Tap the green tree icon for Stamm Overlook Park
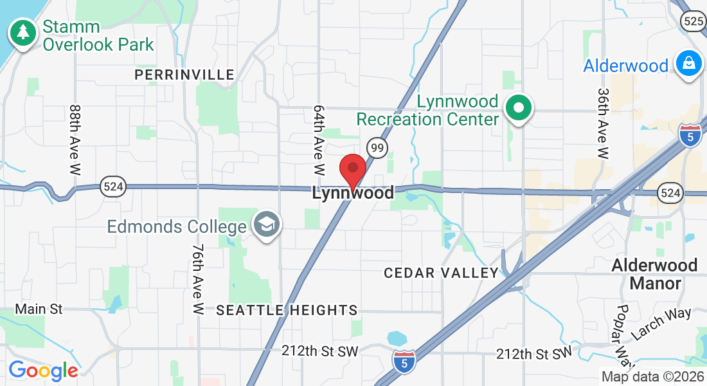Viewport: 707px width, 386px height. (x=23, y=32)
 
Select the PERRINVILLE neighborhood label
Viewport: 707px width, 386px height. (x=184, y=75)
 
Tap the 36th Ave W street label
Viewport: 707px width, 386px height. (x=603, y=124)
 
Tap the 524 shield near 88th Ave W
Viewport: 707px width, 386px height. (x=113, y=188)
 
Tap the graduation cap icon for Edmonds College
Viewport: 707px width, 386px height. (x=264, y=226)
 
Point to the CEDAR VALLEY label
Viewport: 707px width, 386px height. (x=441, y=273)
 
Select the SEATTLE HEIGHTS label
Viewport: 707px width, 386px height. (x=287, y=310)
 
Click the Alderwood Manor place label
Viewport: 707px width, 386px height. (x=654, y=274)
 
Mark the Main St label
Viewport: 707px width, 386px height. (x=39, y=309)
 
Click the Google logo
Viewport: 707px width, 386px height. (x=43, y=371)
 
